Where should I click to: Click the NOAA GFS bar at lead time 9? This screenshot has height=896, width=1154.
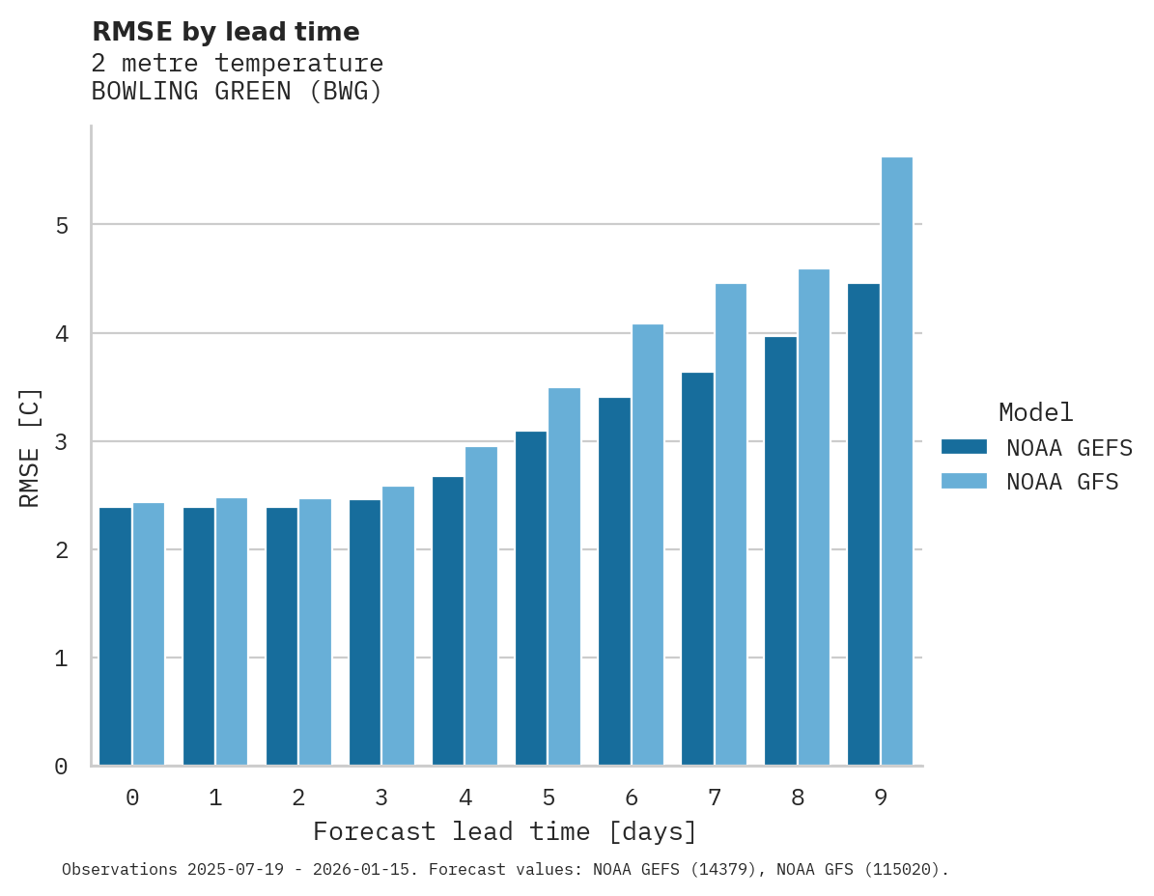click(897, 462)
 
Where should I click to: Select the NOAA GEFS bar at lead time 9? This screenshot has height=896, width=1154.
click(863, 524)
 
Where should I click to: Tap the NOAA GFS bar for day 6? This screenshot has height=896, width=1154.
click(648, 545)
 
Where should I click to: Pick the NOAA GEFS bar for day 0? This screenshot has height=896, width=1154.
click(115, 636)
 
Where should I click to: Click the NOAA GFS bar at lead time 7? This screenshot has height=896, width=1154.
click(731, 524)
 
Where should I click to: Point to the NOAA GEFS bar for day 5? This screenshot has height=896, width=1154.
click(531, 599)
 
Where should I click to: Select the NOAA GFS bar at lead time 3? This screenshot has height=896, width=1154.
click(399, 626)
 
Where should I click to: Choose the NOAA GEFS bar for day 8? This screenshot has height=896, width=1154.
click(780, 550)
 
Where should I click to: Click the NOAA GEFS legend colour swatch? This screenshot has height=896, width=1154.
click(964, 447)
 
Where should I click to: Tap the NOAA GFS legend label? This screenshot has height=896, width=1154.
click(1062, 482)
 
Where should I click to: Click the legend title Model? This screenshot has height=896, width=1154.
click(1035, 412)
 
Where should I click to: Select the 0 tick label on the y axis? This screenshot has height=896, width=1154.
click(61, 767)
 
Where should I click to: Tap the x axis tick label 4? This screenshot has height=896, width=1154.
click(465, 798)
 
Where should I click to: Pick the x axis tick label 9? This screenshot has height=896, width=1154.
click(881, 798)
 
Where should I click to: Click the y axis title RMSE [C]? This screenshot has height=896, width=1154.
click(30, 447)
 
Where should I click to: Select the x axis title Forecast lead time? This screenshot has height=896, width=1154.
click(504, 831)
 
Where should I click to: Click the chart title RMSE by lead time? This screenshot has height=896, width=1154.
click(225, 32)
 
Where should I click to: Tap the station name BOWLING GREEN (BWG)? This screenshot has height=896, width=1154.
click(237, 92)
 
